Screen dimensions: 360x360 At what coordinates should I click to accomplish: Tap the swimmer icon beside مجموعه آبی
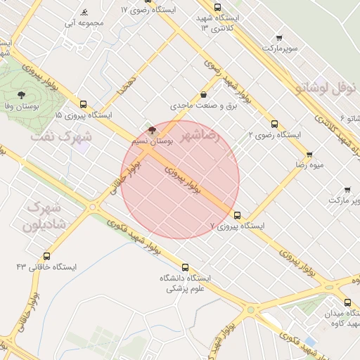(x=84, y=13)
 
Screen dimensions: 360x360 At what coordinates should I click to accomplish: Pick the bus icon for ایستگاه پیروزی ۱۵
(x=84, y=103)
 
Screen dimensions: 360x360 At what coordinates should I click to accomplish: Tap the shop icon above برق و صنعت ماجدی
(x=203, y=95)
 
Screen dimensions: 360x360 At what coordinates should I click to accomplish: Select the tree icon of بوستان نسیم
(x=153, y=129)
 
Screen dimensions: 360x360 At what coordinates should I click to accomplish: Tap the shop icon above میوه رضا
(x=309, y=155)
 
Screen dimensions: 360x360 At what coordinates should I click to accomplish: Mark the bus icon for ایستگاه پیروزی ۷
(x=236, y=215)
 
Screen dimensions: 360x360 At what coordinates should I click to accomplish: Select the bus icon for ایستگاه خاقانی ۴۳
(x=47, y=256)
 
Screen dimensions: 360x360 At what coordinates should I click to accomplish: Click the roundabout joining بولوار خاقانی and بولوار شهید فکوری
(x=92, y=206)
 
